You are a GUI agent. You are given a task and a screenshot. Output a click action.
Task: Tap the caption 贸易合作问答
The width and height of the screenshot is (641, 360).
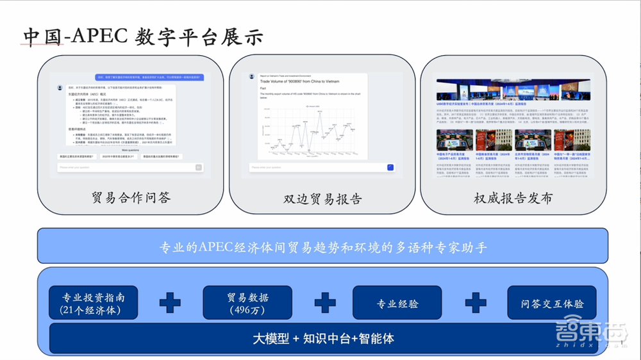[131, 198]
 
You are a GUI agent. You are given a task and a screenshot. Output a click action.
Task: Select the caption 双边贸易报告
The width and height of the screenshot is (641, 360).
[322, 199]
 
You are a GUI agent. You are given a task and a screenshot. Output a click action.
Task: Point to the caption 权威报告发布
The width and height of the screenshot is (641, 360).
[513, 198]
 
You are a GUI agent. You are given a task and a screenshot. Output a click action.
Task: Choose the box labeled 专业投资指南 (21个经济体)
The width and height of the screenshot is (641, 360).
[94, 303]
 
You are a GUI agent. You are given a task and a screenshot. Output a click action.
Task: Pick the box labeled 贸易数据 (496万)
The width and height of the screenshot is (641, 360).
[247, 303]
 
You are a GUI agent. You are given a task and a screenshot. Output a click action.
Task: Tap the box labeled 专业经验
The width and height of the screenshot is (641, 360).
[397, 303]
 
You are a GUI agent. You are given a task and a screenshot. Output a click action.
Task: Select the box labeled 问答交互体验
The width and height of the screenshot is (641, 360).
[550, 303]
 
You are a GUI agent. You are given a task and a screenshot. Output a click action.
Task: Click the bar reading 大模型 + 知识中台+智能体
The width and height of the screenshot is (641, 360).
[323, 338]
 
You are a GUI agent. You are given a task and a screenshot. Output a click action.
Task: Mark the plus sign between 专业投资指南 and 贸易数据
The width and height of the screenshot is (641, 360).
[170, 303]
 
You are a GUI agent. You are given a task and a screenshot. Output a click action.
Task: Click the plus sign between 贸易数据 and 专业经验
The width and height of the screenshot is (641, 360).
[324, 303]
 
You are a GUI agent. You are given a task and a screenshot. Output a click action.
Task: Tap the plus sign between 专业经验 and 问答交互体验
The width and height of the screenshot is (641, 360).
[475, 303]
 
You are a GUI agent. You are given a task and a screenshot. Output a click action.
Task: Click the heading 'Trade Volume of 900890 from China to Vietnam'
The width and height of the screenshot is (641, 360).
[299, 82]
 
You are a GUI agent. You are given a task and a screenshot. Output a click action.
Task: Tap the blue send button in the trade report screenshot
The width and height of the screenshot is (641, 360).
[390, 167]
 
